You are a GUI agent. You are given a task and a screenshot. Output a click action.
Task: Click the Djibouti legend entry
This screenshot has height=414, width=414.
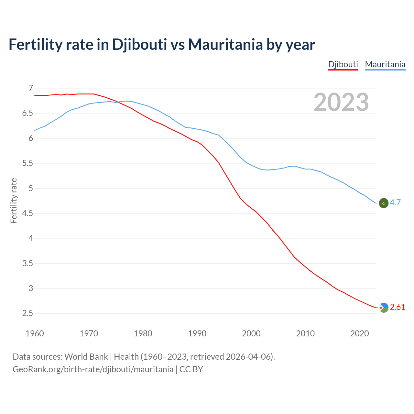pos(343,64)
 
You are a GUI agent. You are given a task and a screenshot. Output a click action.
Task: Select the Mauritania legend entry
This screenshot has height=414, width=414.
pos(385,64)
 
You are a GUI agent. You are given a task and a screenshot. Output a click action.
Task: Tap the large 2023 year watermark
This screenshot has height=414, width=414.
pos(341,102)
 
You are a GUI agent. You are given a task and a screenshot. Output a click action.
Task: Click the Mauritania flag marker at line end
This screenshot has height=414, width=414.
pos(383,203)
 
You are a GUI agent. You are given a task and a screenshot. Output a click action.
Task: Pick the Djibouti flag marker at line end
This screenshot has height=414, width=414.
pos(383,308)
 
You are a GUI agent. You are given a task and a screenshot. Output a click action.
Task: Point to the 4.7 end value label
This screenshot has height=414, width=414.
pos(395,203)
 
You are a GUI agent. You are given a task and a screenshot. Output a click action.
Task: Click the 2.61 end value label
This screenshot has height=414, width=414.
pos(398,307)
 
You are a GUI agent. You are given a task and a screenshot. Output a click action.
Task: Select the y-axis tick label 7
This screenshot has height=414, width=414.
pos(31,88)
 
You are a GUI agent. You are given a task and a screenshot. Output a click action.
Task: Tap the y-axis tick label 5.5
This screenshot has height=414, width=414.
pos(28,163)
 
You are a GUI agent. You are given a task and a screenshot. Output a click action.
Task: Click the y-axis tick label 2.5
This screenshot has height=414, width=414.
pos(28,313)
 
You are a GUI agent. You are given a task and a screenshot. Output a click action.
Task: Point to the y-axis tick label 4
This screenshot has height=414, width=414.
pos(31,238)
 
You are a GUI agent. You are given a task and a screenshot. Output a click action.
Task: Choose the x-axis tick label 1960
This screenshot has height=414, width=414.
pos(35,333)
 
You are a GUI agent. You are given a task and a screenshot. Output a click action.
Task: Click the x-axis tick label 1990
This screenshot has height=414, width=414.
pos(197,333)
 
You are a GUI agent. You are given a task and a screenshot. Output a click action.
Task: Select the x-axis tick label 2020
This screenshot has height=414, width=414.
pos(359,333)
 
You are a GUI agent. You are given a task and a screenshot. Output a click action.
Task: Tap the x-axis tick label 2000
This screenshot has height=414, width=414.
pos(251,333)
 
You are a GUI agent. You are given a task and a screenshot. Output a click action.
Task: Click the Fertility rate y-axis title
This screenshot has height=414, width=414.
pos(14,201)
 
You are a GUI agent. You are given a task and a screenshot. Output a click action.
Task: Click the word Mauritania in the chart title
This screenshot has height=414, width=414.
pos(225,45)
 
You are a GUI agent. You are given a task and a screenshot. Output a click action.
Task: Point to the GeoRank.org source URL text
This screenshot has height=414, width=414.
pos(93,369)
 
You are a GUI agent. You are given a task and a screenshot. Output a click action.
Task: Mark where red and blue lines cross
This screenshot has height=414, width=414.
pos(118,102)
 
